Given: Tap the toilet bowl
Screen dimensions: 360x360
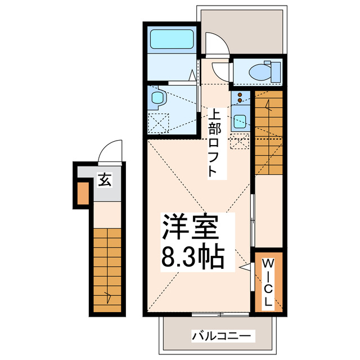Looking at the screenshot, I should pyautogui.click(x=260, y=72).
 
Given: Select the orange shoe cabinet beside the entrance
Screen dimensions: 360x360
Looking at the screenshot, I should pyautogui.click(x=83, y=193).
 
